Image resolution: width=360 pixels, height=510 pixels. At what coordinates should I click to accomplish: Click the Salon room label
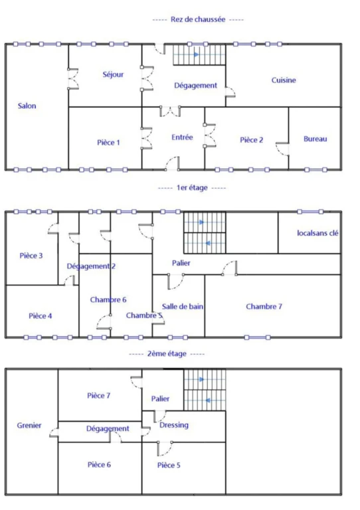[x=27, y=106]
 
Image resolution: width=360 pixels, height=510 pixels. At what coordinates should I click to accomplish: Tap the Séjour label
[x=113, y=74]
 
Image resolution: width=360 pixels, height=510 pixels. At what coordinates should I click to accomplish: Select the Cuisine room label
[x=284, y=80]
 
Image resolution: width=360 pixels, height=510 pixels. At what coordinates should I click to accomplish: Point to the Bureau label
[x=315, y=139]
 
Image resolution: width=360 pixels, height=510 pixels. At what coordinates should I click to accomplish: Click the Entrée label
[x=182, y=137]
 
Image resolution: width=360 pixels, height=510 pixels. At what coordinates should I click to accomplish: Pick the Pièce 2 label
[x=251, y=140]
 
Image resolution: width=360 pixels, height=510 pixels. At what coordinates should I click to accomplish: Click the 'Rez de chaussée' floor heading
[x=198, y=19]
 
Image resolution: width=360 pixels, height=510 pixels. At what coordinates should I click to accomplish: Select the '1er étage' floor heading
[x=192, y=188]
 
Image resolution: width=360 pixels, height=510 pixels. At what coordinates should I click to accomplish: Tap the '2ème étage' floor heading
[x=167, y=353]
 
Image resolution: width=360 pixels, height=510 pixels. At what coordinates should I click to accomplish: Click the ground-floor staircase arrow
[x=197, y=54]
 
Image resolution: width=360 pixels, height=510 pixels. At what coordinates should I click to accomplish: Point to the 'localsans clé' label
[x=317, y=233]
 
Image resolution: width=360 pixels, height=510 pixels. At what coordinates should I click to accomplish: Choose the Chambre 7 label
[x=264, y=306]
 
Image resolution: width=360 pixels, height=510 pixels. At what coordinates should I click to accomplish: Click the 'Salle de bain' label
[x=183, y=306]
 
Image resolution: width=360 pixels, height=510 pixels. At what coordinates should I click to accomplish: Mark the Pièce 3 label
[x=31, y=256]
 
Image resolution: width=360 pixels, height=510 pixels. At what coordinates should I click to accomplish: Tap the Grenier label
[x=29, y=425]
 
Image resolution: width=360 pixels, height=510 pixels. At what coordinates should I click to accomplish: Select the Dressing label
[x=174, y=425]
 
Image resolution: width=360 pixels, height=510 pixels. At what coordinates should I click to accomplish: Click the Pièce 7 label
[x=98, y=396]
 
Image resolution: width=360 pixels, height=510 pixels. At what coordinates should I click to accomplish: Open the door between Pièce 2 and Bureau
[x=282, y=149]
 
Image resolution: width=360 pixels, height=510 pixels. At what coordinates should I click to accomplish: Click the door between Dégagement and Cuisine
[x=230, y=92]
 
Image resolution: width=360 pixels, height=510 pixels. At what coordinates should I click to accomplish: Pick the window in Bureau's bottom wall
[x=315, y=169]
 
